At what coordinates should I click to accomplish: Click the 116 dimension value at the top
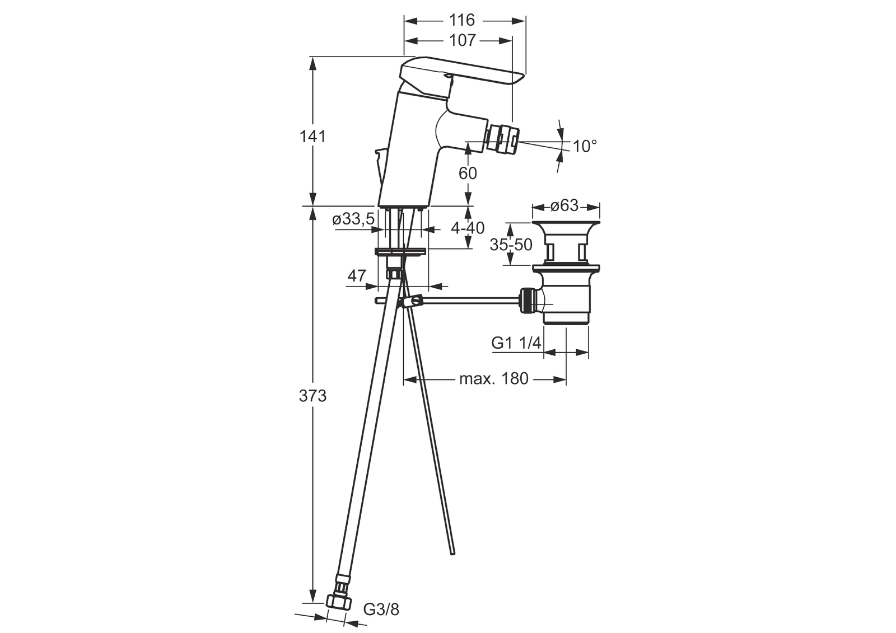pyautogui.click(x=462, y=21)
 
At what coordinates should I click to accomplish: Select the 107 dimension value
pyautogui.click(x=462, y=40)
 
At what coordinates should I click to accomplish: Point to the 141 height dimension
pyautogui.click(x=312, y=136)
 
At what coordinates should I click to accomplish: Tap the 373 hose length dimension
pyautogui.click(x=312, y=396)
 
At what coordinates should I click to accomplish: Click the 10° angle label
pyautogui.click(x=585, y=147)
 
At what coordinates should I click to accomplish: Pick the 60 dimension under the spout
pyautogui.click(x=468, y=174)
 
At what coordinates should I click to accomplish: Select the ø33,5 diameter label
pyautogui.click(x=353, y=219)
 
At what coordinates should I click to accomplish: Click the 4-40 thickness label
pyautogui.click(x=467, y=228)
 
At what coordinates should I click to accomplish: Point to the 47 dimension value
pyautogui.click(x=357, y=276)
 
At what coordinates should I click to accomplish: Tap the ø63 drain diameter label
pyautogui.click(x=564, y=206)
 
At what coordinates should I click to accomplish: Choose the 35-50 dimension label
pyautogui.click(x=511, y=244)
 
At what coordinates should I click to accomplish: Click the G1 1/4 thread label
pyautogui.click(x=516, y=343)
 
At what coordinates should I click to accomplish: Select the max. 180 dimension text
pyautogui.click(x=493, y=379)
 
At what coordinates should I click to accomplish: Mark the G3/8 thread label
pyautogui.click(x=381, y=609)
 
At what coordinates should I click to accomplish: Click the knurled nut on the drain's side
pyautogui.click(x=528, y=302)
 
